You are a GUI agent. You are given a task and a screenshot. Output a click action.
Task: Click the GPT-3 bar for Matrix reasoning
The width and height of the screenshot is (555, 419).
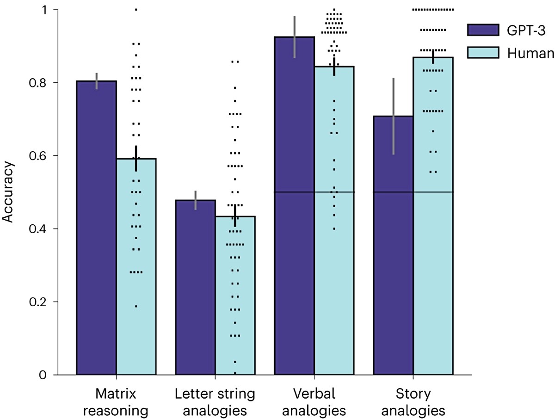pyautogui.click(x=96, y=228)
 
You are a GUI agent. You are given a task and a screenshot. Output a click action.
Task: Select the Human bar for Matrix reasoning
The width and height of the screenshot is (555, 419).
pyautogui.click(x=136, y=266)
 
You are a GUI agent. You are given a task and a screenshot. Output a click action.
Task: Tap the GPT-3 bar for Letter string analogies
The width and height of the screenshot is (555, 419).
pyautogui.click(x=196, y=287)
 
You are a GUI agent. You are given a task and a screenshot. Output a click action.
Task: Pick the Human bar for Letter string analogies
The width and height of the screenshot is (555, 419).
pyautogui.click(x=235, y=295)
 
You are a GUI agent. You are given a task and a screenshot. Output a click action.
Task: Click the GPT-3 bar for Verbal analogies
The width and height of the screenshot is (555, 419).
pyautogui.click(x=295, y=205)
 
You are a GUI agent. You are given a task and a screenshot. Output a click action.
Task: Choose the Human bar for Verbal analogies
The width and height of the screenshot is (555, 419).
pyautogui.click(x=334, y=220)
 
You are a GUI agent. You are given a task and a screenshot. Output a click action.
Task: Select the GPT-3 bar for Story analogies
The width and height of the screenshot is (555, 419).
pyautogui.click(x=394, y=245)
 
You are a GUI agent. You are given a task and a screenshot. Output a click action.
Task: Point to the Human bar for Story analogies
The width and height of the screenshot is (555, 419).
pyautogui.click(x=433, y=216)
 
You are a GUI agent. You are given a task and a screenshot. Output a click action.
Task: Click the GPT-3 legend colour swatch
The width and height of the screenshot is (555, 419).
pyautogui.click(x=483, y=30)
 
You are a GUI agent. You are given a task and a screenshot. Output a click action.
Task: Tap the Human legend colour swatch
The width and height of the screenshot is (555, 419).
pyautogui.click(x=483, y=53)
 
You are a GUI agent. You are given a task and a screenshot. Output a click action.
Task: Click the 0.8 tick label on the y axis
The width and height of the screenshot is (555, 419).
pyautogui.click(x=38, y=83)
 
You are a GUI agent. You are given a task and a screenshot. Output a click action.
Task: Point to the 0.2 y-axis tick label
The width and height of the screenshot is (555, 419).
pyautogui.click(x=38, y=302)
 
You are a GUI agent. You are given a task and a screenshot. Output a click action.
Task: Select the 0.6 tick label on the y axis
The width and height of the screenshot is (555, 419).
pyautogui.click(x=38, y=156)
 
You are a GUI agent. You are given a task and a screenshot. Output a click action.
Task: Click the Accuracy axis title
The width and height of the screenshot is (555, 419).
pyautogui.click(x=7, y=192)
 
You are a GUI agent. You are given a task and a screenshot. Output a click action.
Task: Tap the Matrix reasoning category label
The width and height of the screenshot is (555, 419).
pyautogui.click(x=116, y=402)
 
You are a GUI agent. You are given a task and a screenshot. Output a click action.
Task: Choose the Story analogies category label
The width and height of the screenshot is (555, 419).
pyautogui.click(x=413, y=402)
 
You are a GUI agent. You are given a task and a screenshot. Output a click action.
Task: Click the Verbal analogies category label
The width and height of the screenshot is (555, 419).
pyautogui.click(x=314, y=402)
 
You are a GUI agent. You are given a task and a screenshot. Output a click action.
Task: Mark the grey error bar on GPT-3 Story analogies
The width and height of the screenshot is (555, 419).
pyautogui.click(x=394, y=116)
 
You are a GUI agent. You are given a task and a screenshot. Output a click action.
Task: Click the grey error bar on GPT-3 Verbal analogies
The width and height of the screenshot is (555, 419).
pyautogui.click(x=295, y=37)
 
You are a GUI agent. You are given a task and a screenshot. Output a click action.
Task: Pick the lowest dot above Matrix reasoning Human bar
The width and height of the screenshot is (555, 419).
pyautogui.click(x=136, y=306)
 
